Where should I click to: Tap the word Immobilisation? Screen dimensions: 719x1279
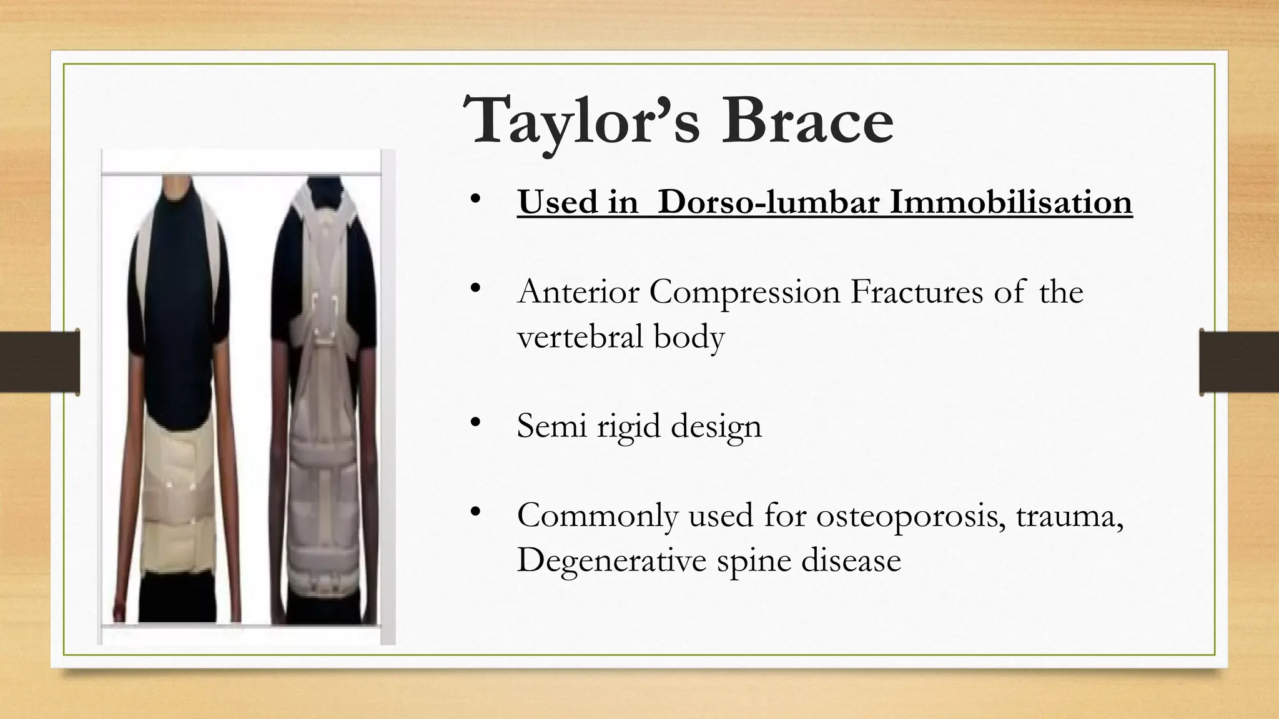pyautogui.click(x=1010, y=202)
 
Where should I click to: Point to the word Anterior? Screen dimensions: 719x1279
pyautogui.click(x=578, y=291)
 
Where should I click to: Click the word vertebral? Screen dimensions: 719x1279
pyautogui.click(x=580, y=336)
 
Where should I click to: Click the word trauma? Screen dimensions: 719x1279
pyautogui.click(x=1069, y=516)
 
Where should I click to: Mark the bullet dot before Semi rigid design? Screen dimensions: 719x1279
pyautogui.click(x=476, y=423)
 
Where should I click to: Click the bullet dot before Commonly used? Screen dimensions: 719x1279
pyautogui.click(x=476, y=512)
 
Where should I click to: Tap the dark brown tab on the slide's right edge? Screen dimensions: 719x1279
pyautogui.click(x=1239, y=362)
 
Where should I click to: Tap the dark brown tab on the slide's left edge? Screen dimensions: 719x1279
pyautogui.click(x=39, y=362)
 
